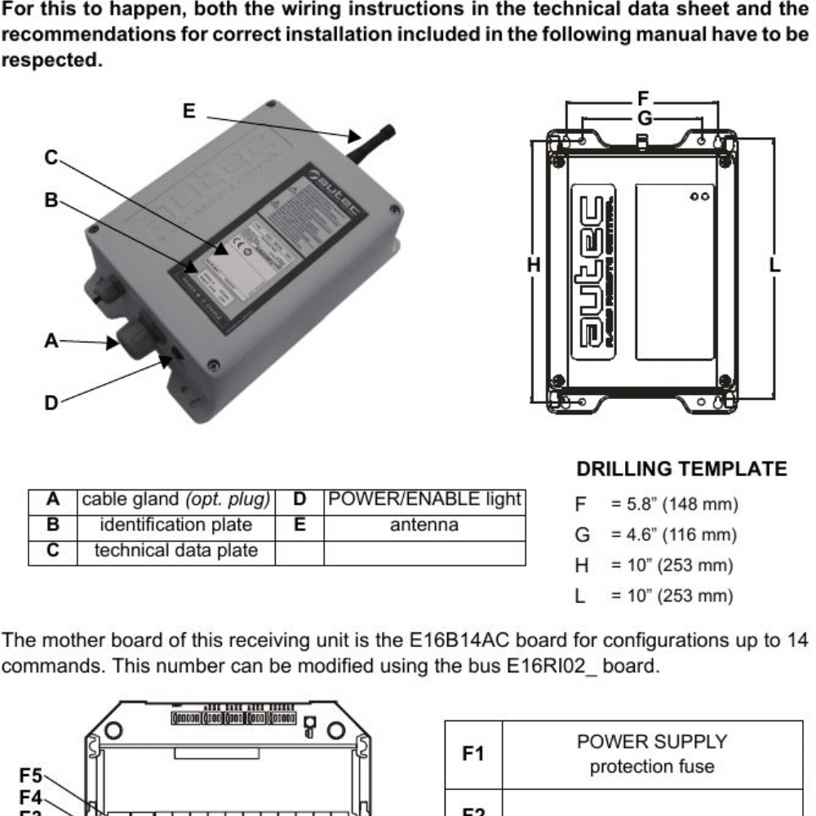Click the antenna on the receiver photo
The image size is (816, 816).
tap(371, 140)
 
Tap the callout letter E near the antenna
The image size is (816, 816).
tap(189, 112)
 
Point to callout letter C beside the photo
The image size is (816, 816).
tap(51, 157)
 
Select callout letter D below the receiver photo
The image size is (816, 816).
tap(51, 401)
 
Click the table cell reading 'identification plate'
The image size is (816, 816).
tap(175, 525)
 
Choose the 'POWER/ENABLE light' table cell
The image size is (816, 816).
tap(424, 499)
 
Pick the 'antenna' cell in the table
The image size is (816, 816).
tap(424, 525)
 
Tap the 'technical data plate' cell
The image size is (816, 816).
tap(175, 551)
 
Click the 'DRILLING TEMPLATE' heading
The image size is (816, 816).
tap(681, 470)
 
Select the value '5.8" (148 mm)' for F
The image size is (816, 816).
tap(674, 505)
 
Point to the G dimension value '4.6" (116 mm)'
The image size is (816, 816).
tap(674, 535)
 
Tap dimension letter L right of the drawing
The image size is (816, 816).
tap(774, 264)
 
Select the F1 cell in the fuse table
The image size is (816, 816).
tap(473, 755)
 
